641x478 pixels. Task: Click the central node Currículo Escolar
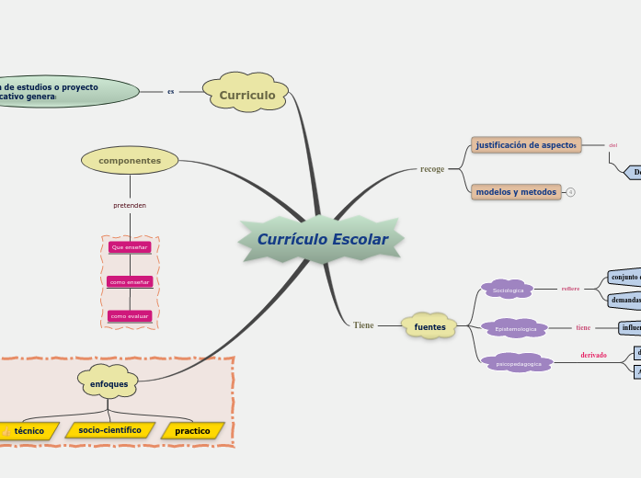322,240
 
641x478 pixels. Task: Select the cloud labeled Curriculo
246,95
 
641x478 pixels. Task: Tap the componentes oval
130,161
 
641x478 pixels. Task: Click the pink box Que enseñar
129,247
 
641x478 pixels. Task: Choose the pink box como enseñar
129,282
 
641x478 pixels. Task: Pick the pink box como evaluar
129,316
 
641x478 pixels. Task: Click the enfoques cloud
109,383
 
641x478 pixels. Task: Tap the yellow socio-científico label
109,430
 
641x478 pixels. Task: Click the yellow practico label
192,430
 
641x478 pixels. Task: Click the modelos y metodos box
516,192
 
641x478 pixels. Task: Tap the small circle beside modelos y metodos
570,192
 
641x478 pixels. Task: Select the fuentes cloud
429,326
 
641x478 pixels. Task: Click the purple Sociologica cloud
508,290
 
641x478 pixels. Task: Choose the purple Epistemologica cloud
515,328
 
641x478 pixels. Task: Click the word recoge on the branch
432,169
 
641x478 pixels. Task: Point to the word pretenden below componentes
130,205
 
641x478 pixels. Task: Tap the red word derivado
593,355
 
